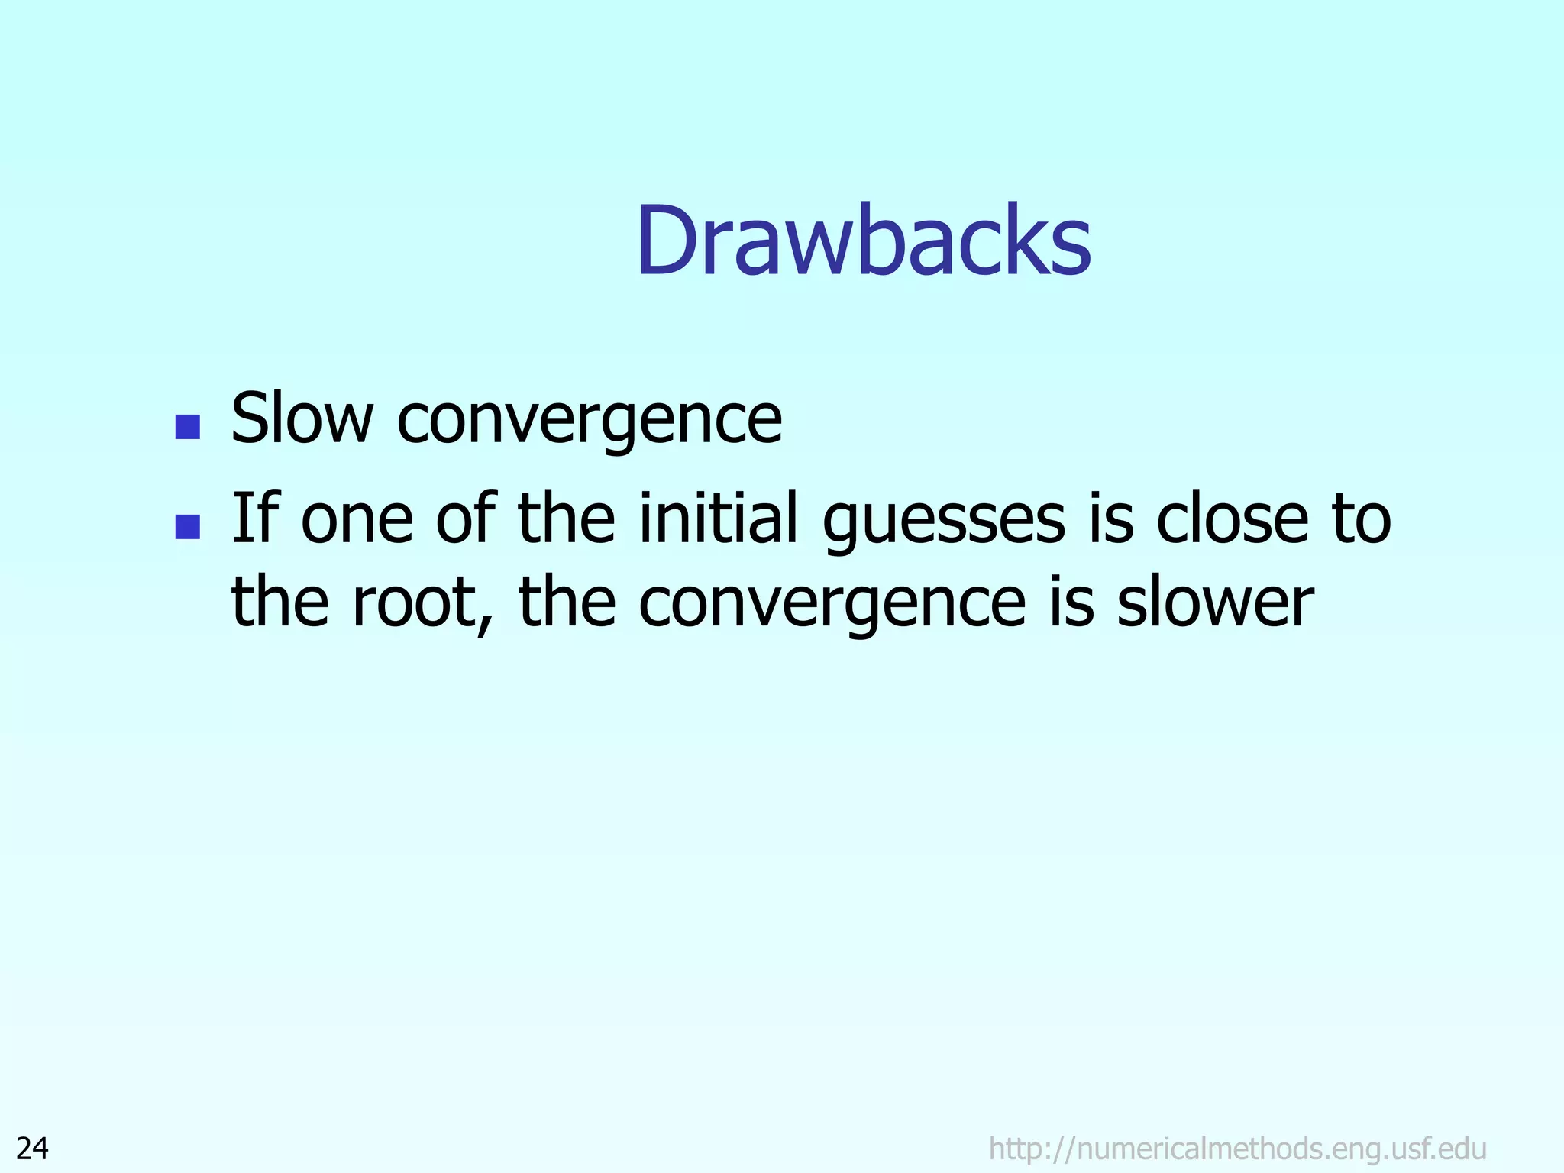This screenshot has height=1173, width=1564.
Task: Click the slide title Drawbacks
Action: coord(863,242)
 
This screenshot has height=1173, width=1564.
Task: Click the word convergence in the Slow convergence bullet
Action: coord(590,421)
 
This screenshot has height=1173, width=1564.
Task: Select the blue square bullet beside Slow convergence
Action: coord(188,426)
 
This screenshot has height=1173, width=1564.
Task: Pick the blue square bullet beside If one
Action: coord(188,526)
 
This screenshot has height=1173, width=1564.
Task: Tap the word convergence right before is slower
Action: coord(832,606)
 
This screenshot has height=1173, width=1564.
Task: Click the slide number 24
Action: coord(33,1148)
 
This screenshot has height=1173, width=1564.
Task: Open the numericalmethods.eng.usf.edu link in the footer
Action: coord(1237,1148)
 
